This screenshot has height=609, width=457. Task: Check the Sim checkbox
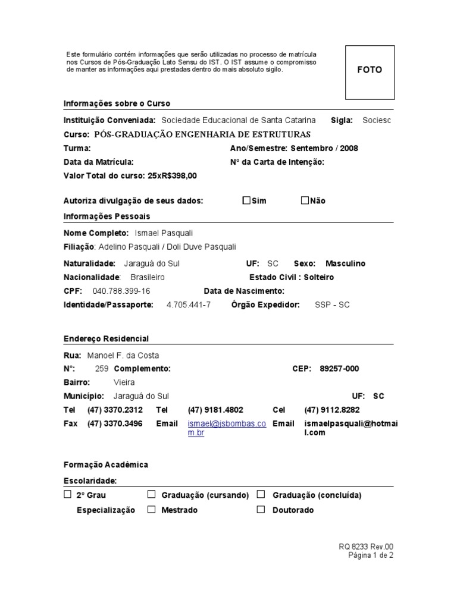point(246,200)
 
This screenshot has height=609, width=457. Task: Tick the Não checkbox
point(305,200)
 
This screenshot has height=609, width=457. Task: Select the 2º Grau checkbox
point(67,494)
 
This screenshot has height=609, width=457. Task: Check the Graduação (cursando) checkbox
point(152,494)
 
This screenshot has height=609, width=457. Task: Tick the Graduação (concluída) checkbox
point(261,494)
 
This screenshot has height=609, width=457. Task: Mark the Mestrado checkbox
point(152,510)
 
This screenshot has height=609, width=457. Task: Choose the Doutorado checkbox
point(261,510)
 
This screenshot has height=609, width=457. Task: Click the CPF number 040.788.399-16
point(121,291)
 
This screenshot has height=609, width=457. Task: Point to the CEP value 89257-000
point(339,369)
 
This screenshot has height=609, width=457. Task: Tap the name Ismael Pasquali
point(164,233)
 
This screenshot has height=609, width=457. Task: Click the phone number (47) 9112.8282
point(332,410)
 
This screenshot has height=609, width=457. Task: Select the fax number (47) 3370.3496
point(115,423)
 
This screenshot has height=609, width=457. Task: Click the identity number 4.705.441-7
point(189,305)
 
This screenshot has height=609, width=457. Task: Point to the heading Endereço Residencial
point(106,338)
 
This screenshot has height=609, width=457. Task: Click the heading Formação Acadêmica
point(106,464)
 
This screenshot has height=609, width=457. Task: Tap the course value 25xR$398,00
point(172,175)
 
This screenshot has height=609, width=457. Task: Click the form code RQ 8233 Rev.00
point(366,547)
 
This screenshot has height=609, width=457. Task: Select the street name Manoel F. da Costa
point(123,355)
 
